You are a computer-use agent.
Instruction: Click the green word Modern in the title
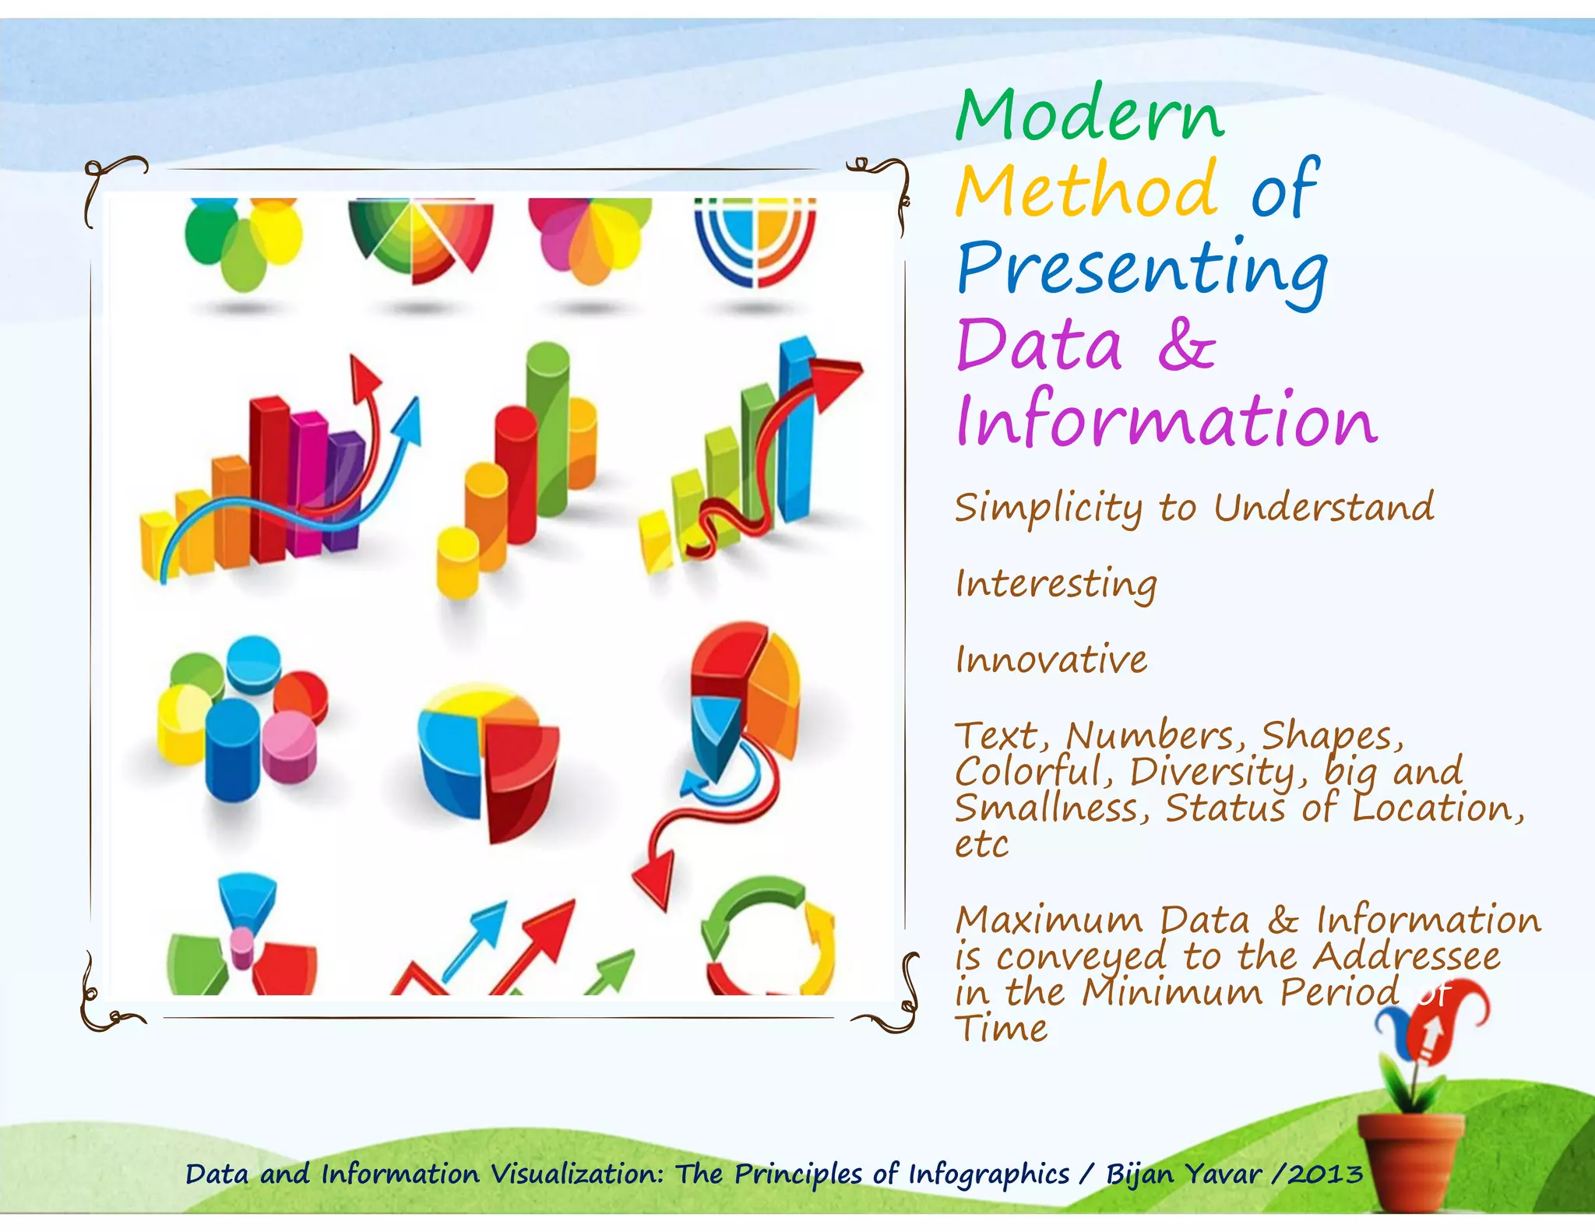click(x=1090, y=115)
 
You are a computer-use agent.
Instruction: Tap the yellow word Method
click(x=1087, y=189)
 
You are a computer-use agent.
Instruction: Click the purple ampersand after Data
click(x=1185, y=343)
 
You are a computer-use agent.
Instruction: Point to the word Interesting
click(x=1056, y=584)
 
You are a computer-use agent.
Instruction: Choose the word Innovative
click(x=1051, y=660)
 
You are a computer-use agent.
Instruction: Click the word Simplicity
click(x=1048, y=508)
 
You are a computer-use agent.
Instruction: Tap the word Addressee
click(x=1407, y=956)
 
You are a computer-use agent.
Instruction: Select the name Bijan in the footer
click(x=1139, y=1174)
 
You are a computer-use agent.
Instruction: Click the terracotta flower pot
click(x=1410, y=1160)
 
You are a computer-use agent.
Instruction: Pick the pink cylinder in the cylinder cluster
click(x=289, y=745)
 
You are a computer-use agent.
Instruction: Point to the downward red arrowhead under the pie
click(x=654, y=880)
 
